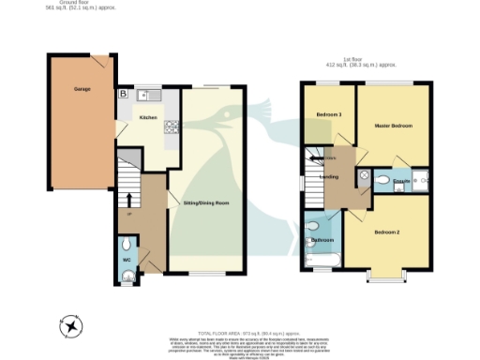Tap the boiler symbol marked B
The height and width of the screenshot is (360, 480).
tap(123, 95)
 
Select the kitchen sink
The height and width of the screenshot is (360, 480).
tap(147, 95)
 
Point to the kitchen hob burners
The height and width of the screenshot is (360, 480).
tap(172, 127)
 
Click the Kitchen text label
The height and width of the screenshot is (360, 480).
tap(148, 118)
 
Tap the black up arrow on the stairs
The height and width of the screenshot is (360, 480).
tap(128, 199)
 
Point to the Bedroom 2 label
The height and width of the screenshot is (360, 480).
tap(387, 232)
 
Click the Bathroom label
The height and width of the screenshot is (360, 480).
tap(323, 240)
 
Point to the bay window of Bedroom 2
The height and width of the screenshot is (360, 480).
tap(386, 277)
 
